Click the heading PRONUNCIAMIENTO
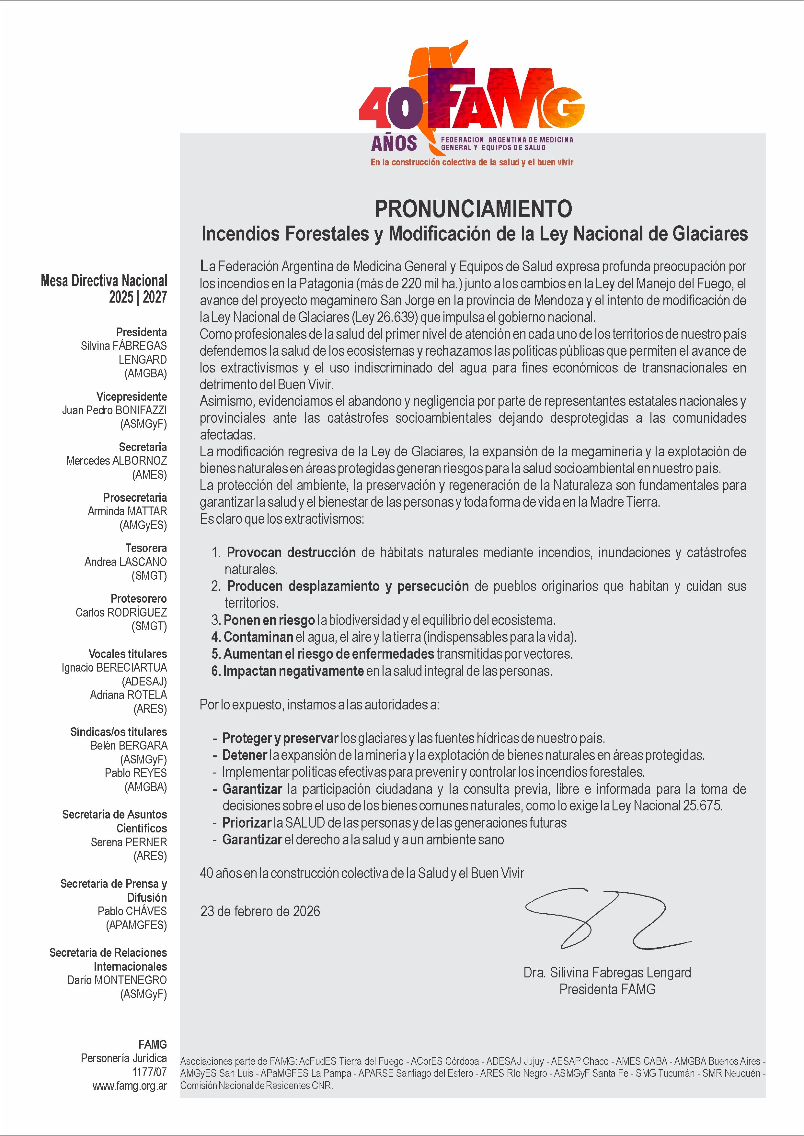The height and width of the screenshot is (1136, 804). [473, 209]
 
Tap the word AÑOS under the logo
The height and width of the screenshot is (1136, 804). [394, 143]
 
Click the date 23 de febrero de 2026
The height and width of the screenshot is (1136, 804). [260, 911]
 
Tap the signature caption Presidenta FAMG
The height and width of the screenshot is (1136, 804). [607, 989]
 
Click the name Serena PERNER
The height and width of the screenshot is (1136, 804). [129, 842]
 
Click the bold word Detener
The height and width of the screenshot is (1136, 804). [245, 755]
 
